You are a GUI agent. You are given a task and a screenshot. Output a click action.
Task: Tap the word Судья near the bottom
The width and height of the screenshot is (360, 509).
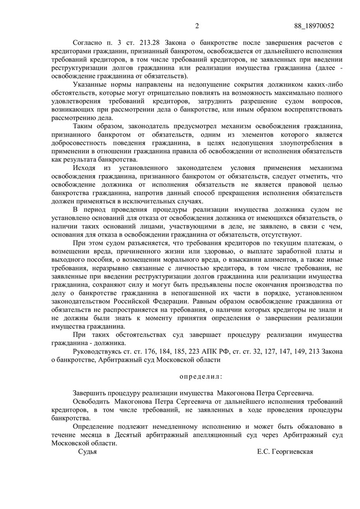[x=88, y=451]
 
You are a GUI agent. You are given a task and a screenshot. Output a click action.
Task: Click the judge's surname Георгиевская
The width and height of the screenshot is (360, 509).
[x=290, y=451]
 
